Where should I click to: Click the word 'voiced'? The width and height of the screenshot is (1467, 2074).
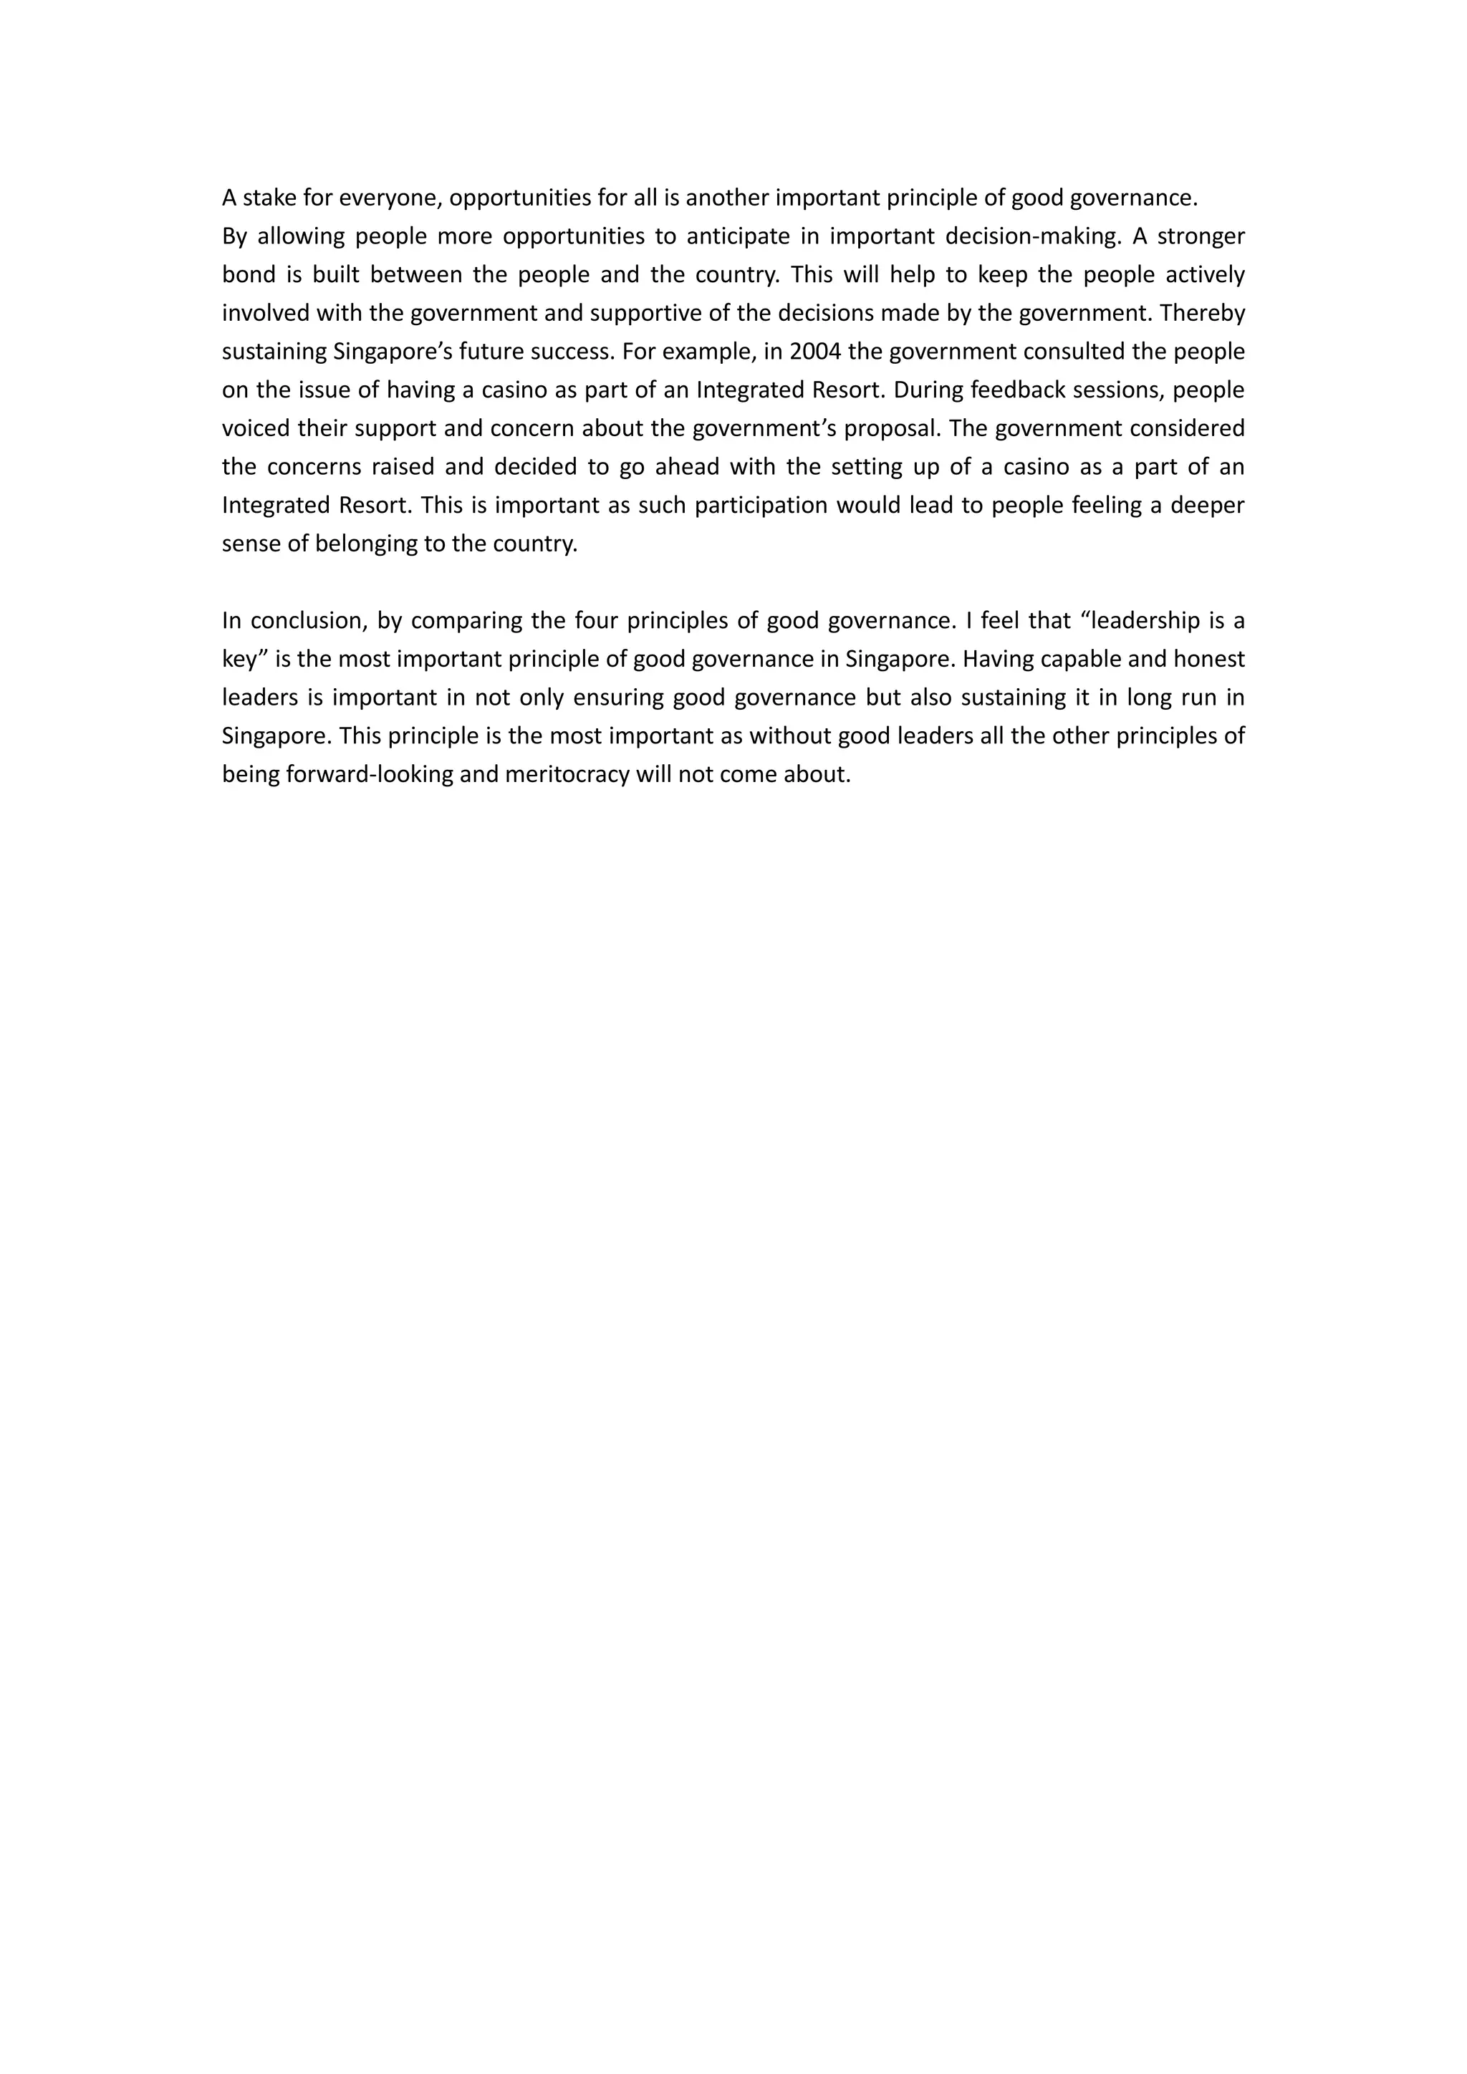pos(256,428)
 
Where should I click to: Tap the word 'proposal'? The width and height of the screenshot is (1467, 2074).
pos(890,428)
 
